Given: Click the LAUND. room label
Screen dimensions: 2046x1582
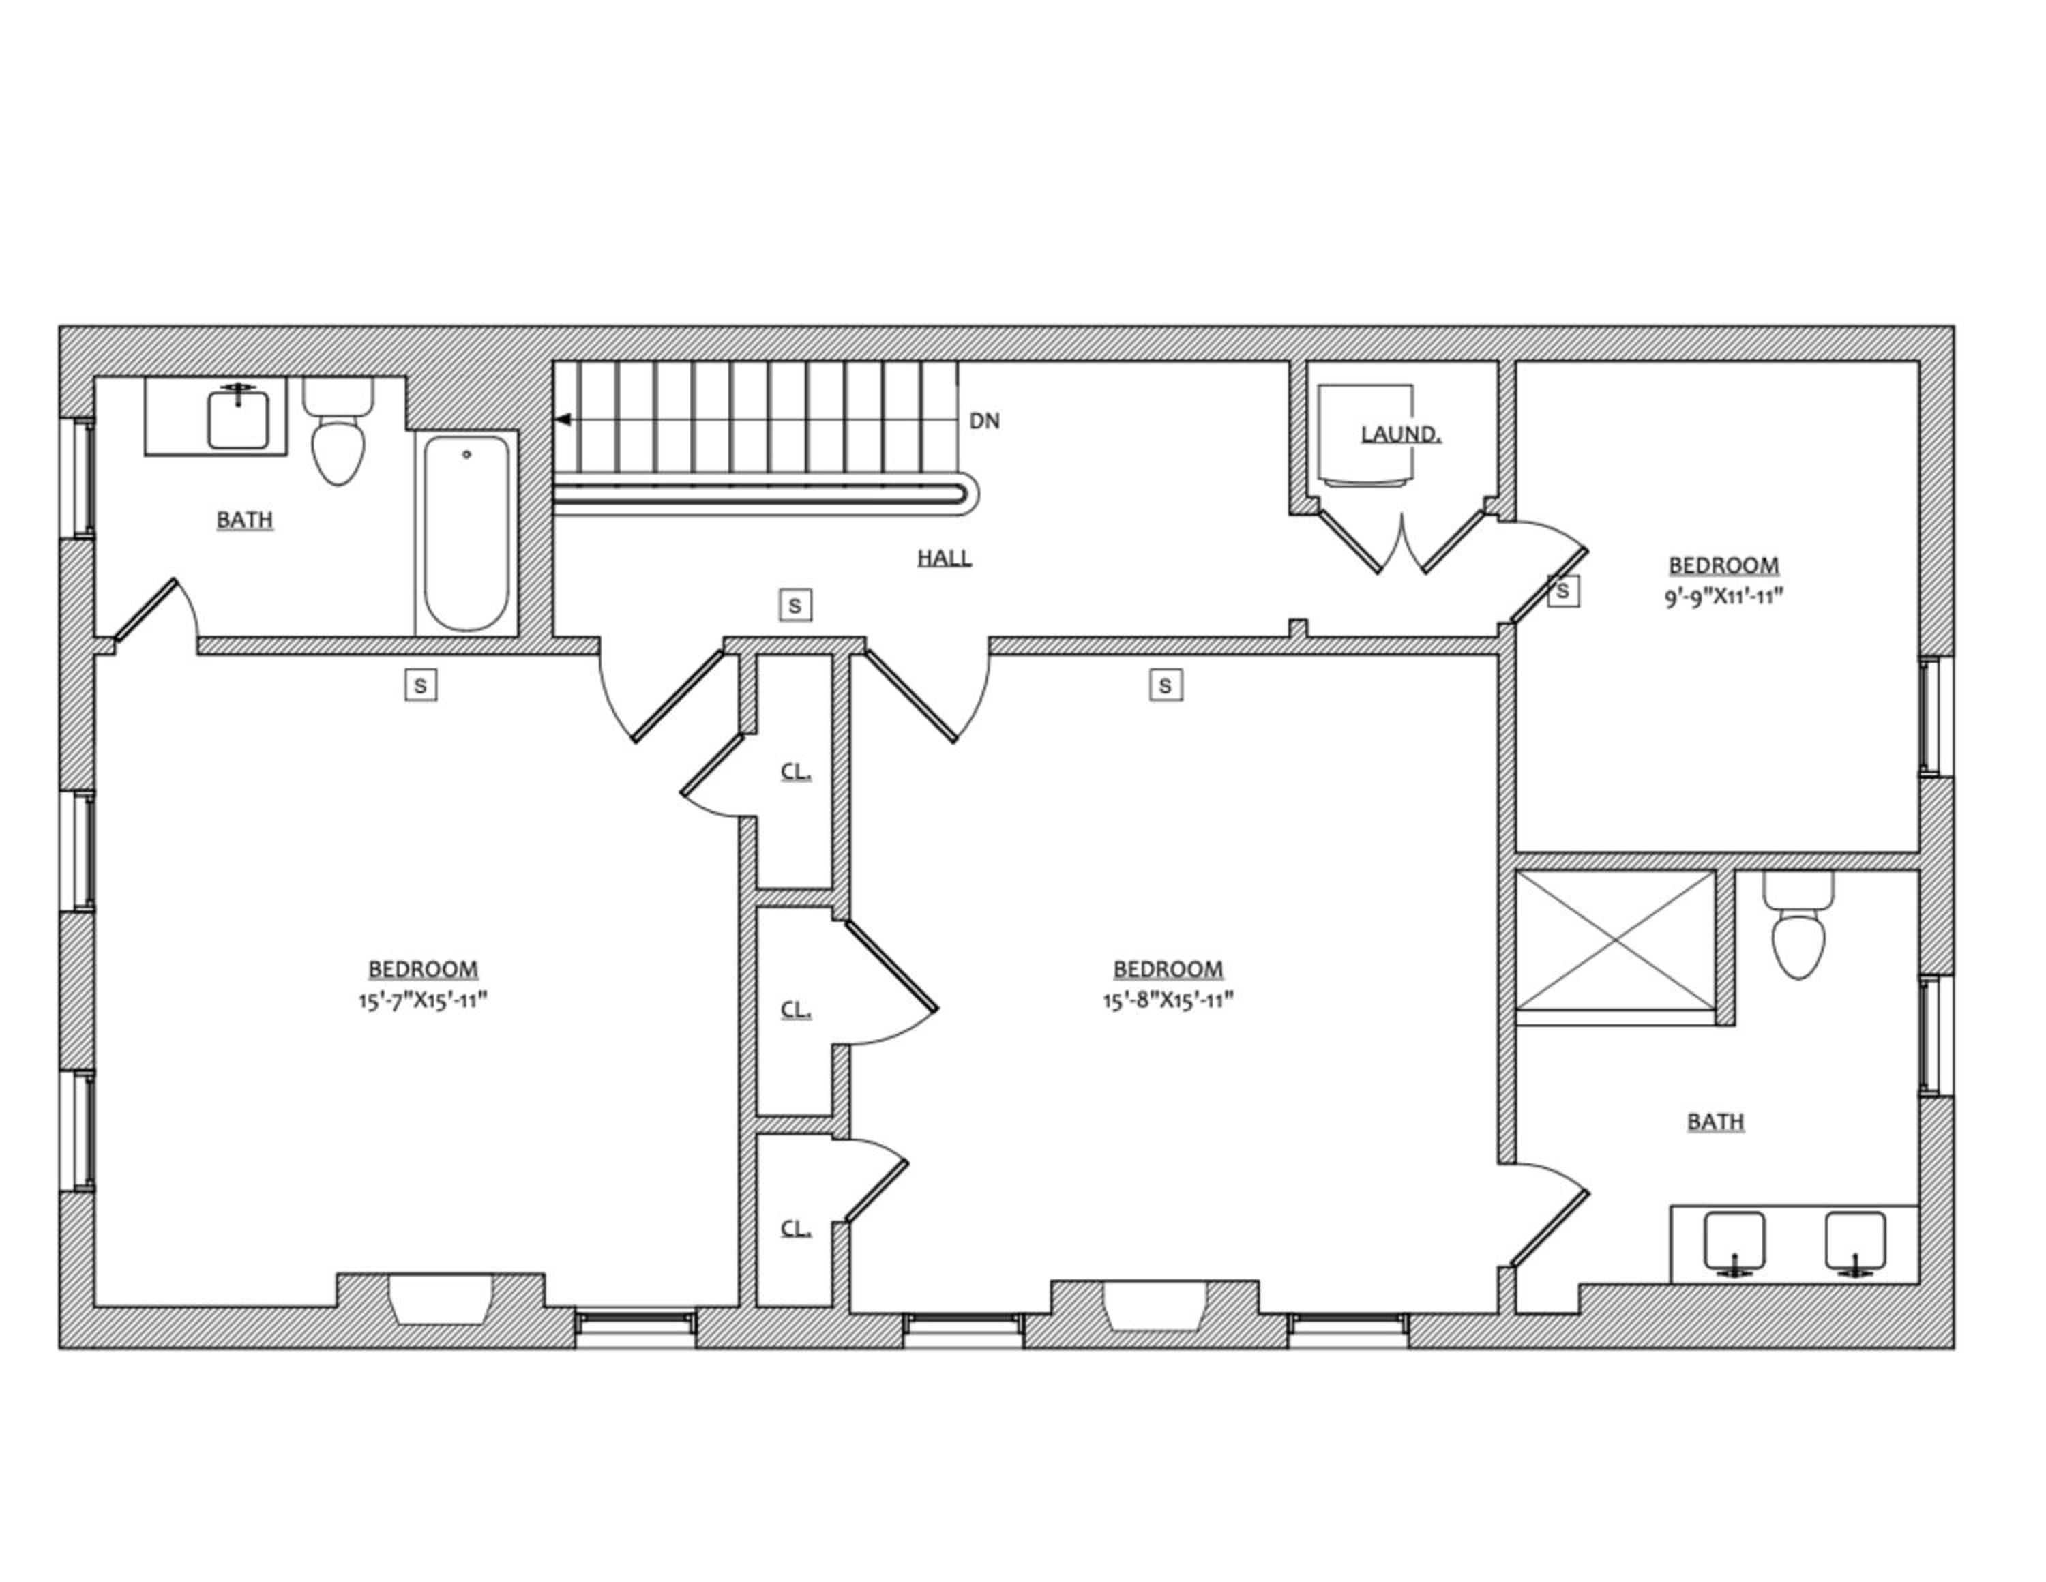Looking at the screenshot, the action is coord(1401,434).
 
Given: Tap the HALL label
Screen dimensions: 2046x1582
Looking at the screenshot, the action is coord(945,558).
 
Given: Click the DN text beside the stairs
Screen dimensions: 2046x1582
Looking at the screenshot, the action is coord(985,421).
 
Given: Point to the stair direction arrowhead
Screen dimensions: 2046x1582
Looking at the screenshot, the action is coord(563,419).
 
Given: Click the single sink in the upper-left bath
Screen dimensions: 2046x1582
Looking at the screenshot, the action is coord(238,418).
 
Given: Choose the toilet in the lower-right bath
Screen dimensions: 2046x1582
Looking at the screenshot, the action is coord(1798,925).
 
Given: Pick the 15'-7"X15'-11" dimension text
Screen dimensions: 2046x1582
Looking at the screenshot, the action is coord(423,1000).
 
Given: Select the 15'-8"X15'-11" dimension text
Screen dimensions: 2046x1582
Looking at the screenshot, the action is coord(1168,1000).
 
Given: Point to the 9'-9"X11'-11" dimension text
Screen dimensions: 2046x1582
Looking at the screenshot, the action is coord(1723,597).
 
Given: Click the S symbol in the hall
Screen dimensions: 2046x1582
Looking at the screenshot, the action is coord(795,606).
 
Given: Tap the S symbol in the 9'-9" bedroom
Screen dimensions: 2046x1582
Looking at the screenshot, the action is coord(1562,591).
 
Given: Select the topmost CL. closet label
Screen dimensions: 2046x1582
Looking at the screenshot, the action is coord(795,772).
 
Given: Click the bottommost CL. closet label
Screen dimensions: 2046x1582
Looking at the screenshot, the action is coord(795,1228).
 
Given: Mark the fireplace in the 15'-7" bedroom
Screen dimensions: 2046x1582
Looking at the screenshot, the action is coord(441,1299).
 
